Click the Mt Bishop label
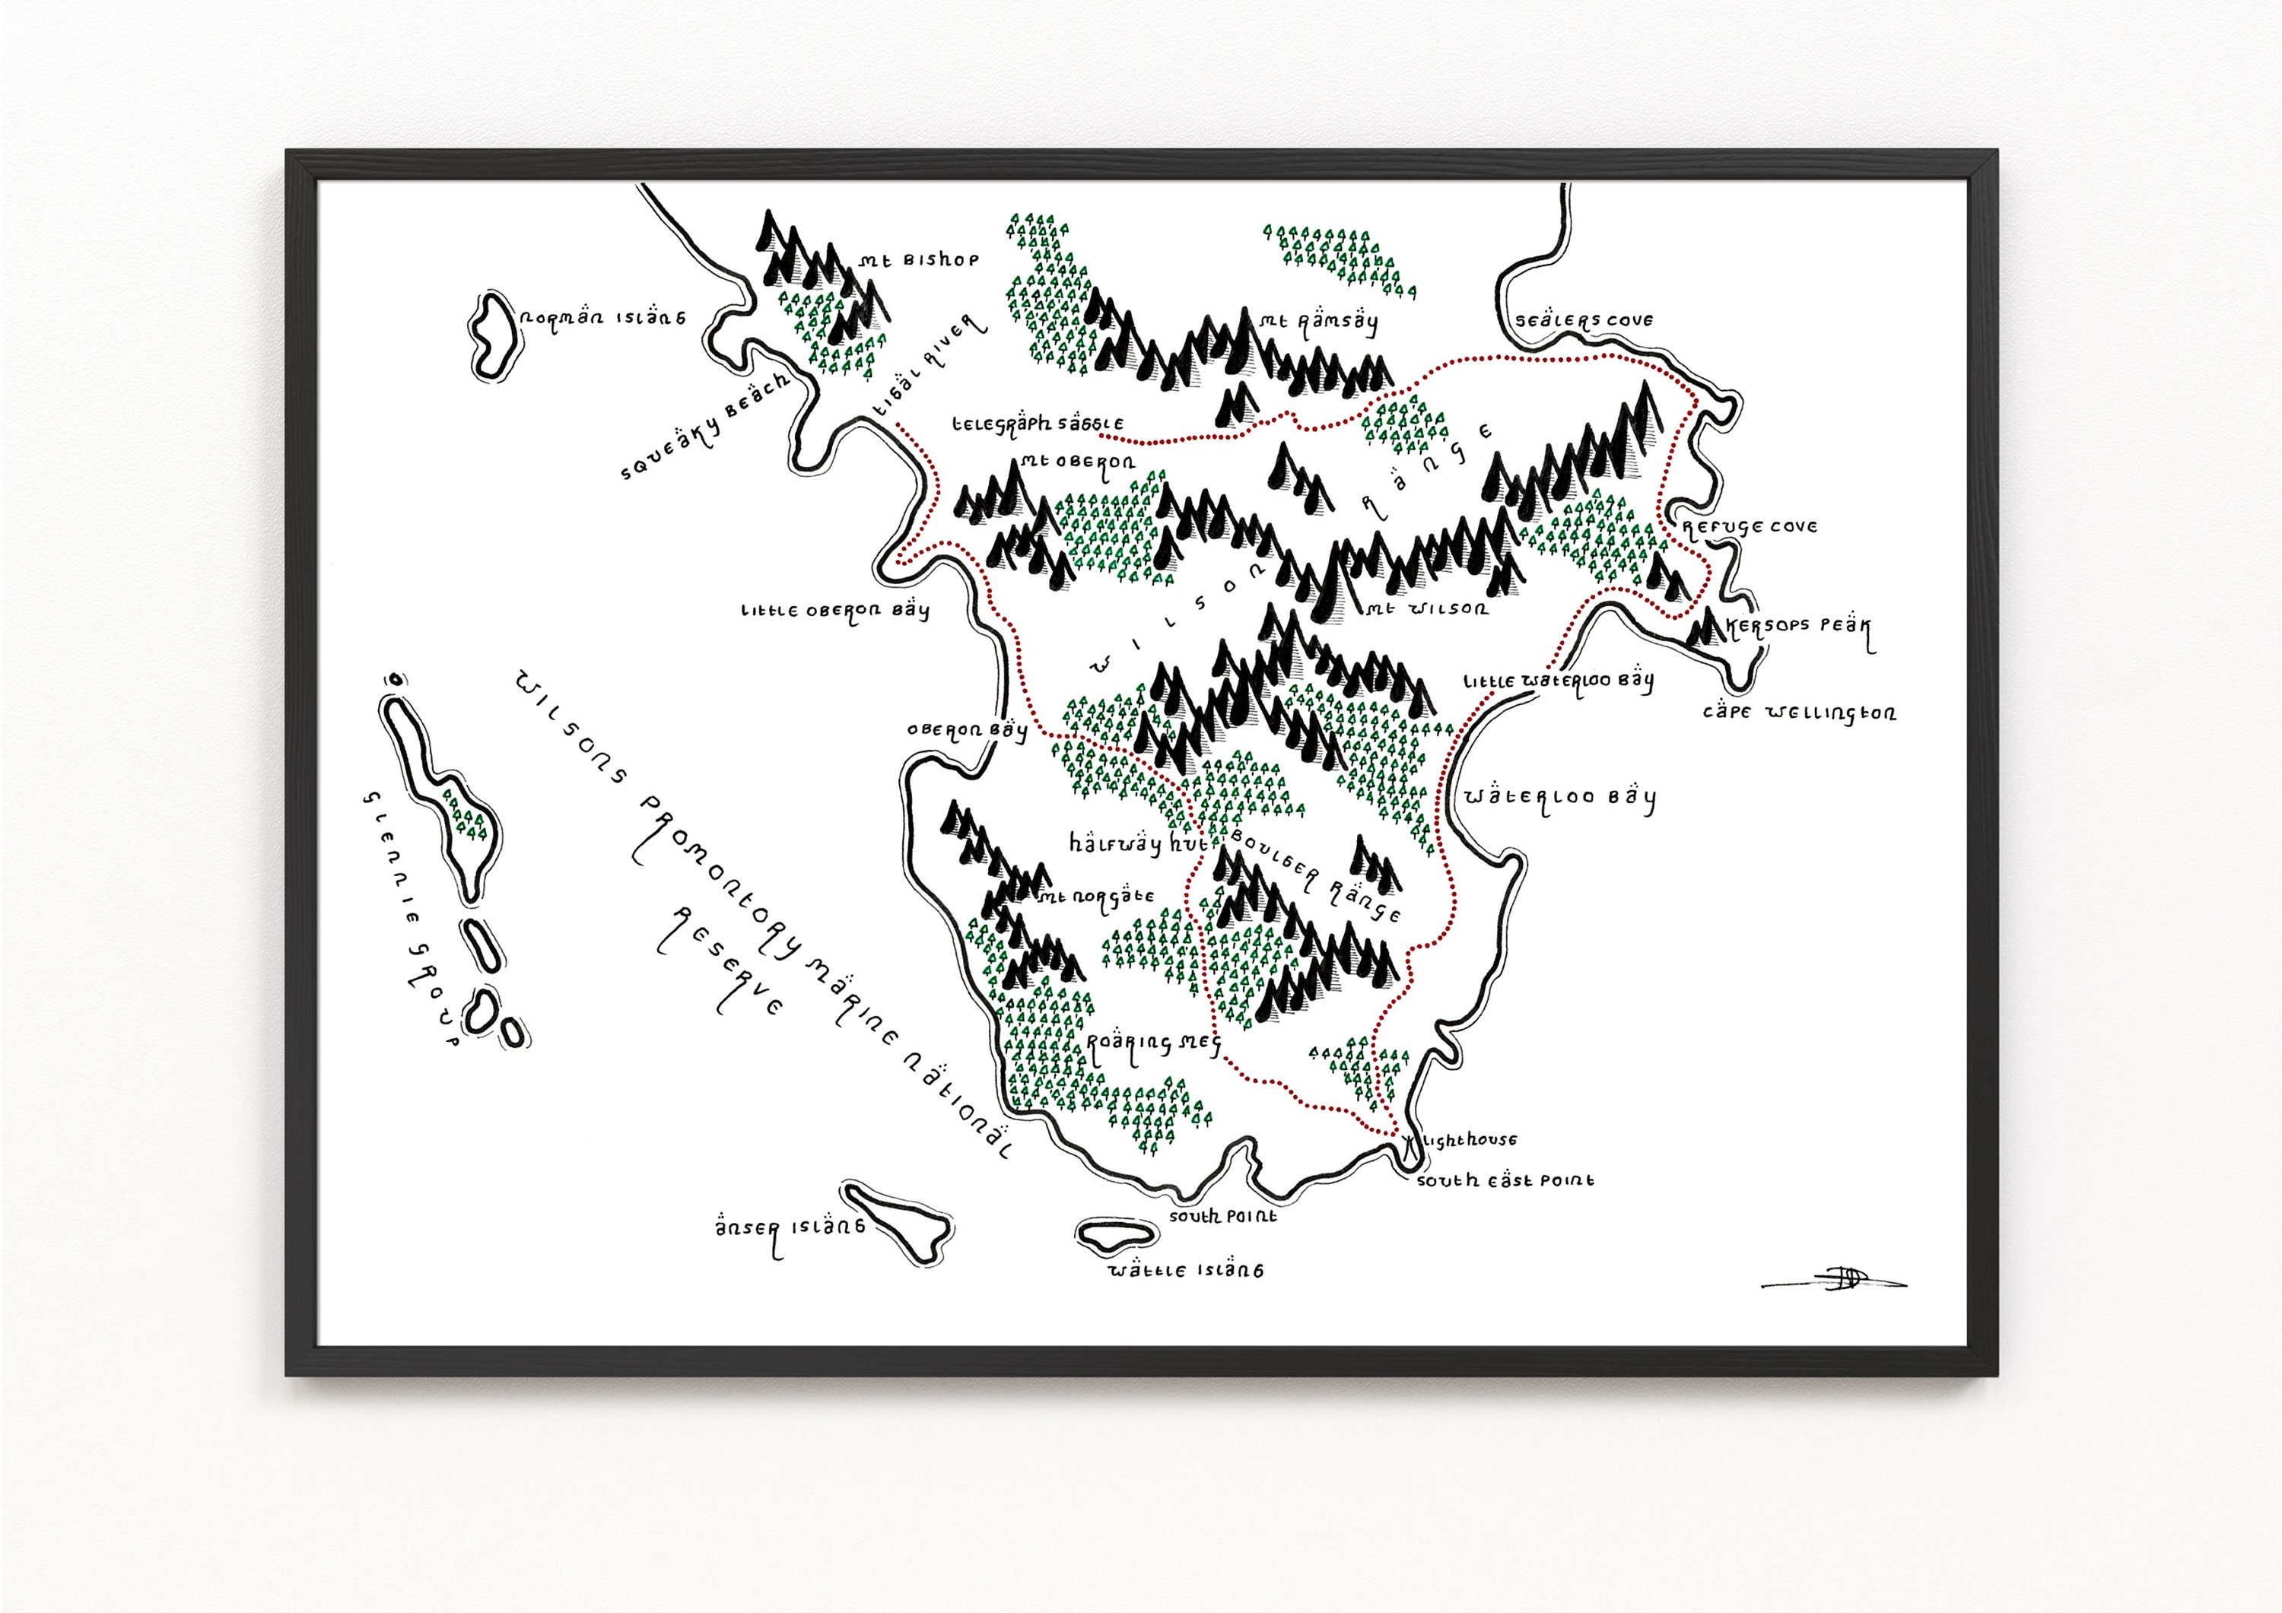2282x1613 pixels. [920, 260]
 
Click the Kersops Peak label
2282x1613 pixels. [1798, 627]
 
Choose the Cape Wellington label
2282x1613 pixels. [1799, 713]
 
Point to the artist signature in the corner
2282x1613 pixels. [1832, 1280]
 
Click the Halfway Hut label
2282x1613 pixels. [1137, 845]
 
